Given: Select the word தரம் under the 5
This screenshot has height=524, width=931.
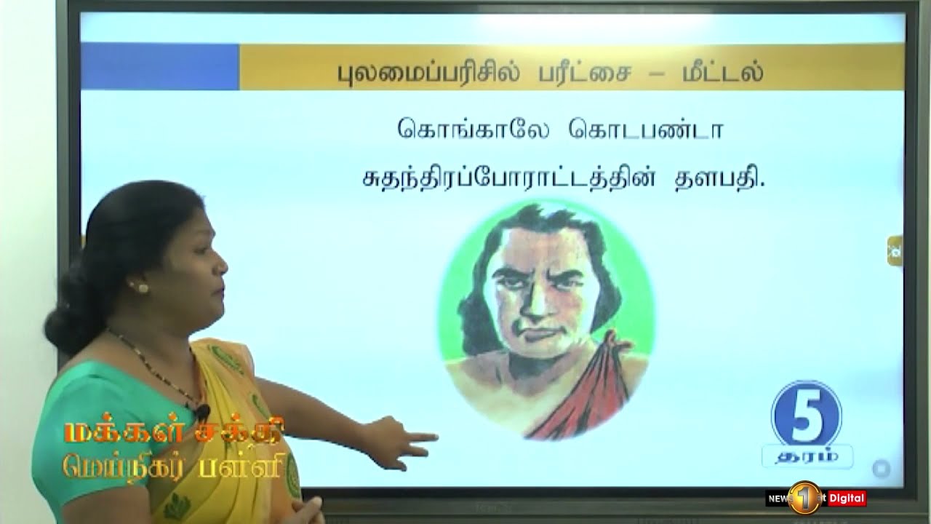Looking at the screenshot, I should (x=806, y=456).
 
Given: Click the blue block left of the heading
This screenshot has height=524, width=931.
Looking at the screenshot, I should (x=160, y=67).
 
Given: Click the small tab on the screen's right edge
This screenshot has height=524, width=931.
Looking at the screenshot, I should (x=895, y=250).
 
